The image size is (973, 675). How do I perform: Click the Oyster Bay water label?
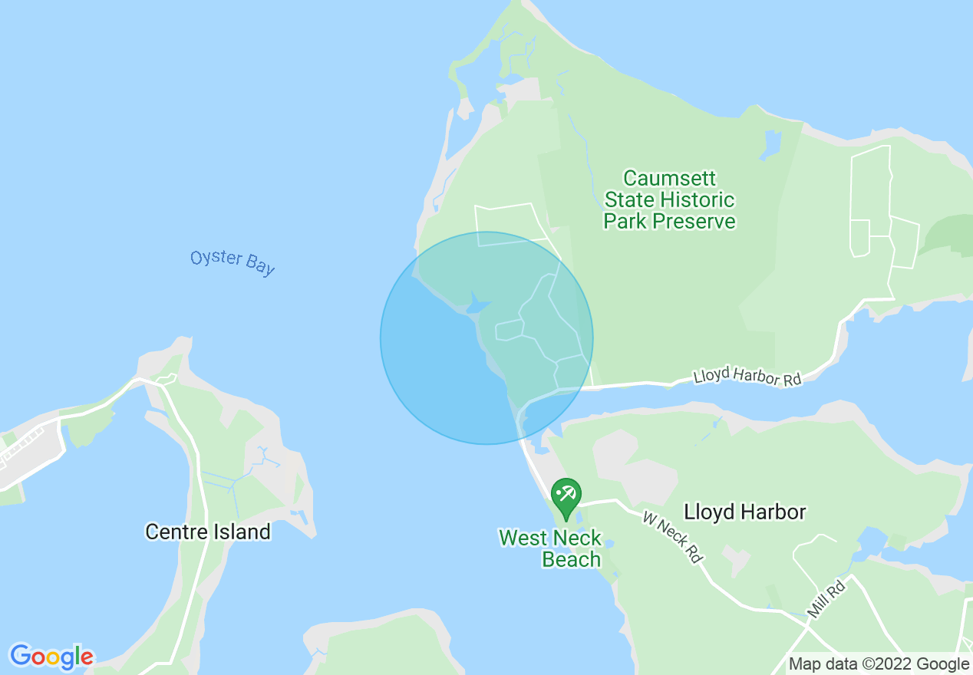233,262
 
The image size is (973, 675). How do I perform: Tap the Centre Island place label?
208,532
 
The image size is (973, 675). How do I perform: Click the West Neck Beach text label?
550,548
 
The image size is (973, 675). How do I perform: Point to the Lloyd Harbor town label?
744,512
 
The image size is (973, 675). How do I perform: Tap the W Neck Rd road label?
672,538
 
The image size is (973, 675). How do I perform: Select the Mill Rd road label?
826,599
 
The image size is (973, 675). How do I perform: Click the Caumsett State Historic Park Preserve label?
669,200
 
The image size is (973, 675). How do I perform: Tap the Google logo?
51,656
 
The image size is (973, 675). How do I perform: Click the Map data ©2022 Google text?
879,664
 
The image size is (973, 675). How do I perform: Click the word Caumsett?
669,179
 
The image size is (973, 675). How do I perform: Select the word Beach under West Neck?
571,559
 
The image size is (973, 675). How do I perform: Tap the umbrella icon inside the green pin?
566,492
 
